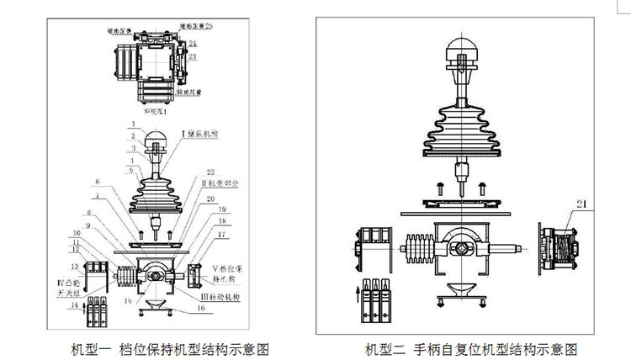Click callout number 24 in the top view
point(193,42)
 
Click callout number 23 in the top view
point(193,56)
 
